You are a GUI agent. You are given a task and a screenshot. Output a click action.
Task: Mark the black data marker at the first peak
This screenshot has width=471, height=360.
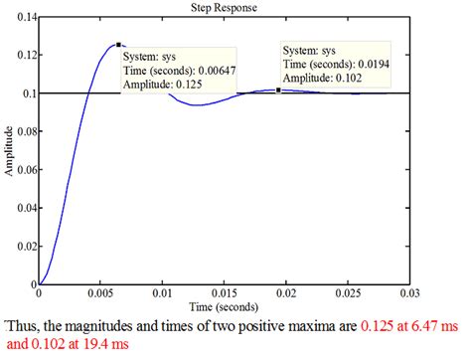118,45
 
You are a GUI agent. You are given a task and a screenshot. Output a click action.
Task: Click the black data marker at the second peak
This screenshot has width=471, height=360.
278,90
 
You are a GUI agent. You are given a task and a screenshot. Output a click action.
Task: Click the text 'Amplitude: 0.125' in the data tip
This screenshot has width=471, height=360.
164,86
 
